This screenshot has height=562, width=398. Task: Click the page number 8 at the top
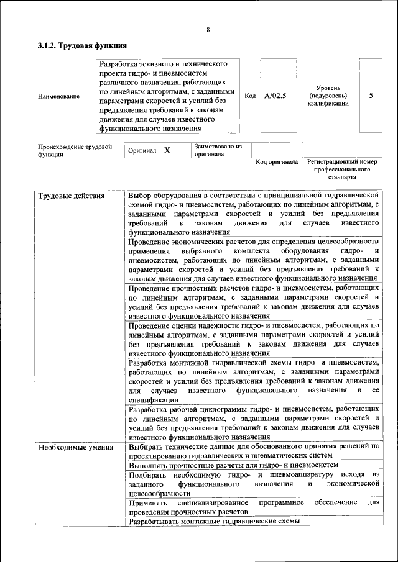tap(208, 30)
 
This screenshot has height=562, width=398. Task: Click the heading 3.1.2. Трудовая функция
tap(82, 46)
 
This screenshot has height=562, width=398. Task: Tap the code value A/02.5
tap(275, 96)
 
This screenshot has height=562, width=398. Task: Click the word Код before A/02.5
tap(251, 96)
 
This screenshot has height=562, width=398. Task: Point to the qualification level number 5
tap(371, 96)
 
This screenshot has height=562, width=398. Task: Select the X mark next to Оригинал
tap(167, 151)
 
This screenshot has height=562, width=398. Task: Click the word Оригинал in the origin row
tap(142, 151)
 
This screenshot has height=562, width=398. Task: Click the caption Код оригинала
tap(277, 162)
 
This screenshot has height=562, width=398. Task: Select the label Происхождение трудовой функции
tap(75, 151)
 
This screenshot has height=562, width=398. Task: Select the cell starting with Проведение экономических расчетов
tap(254, 259)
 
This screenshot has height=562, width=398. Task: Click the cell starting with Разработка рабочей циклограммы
tap(254, 423)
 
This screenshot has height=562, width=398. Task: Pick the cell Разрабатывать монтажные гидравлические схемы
tap(214, 522)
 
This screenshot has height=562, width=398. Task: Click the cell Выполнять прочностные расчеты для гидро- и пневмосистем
tap(233, 464)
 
